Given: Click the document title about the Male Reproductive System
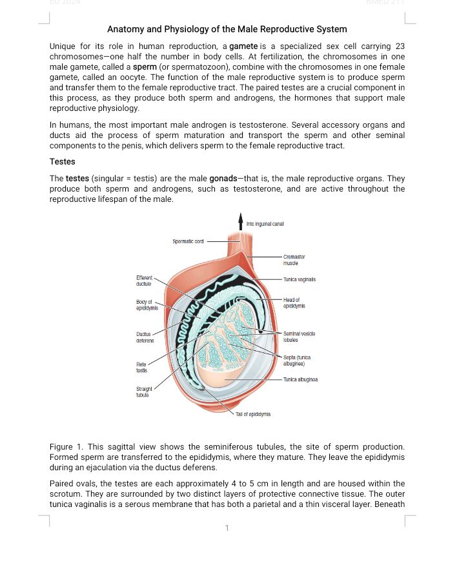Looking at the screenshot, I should tap(227, 29).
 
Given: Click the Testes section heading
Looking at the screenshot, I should tap(63, 161).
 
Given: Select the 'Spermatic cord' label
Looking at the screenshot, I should tap(189, 241).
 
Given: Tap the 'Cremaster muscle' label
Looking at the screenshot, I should tap(294, 260).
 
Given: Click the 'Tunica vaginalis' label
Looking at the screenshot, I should tap(300, 279).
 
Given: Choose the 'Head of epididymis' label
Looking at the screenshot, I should tap(294, 303).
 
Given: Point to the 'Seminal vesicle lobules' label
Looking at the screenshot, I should tap(298, 335).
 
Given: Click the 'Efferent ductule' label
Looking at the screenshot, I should tap(144, 281).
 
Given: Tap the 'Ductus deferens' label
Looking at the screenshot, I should tap(144, 337).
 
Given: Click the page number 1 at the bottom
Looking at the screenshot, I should tap(227, 528).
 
